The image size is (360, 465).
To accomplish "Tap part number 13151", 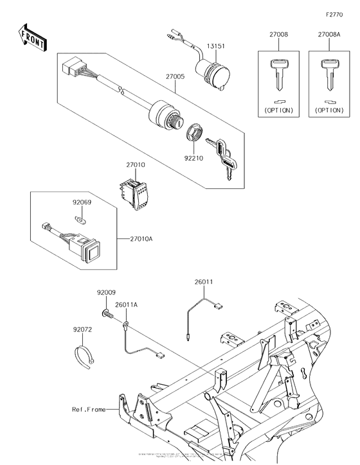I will coord(215,46).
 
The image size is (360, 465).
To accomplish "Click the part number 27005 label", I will coord(175,76).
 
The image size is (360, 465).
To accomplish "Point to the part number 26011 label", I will coord(204,281).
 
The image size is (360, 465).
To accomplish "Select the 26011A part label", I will coord(127,304).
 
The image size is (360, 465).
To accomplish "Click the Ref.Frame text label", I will coord(88,408).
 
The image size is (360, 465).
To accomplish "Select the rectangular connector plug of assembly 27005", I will coord(71,66).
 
